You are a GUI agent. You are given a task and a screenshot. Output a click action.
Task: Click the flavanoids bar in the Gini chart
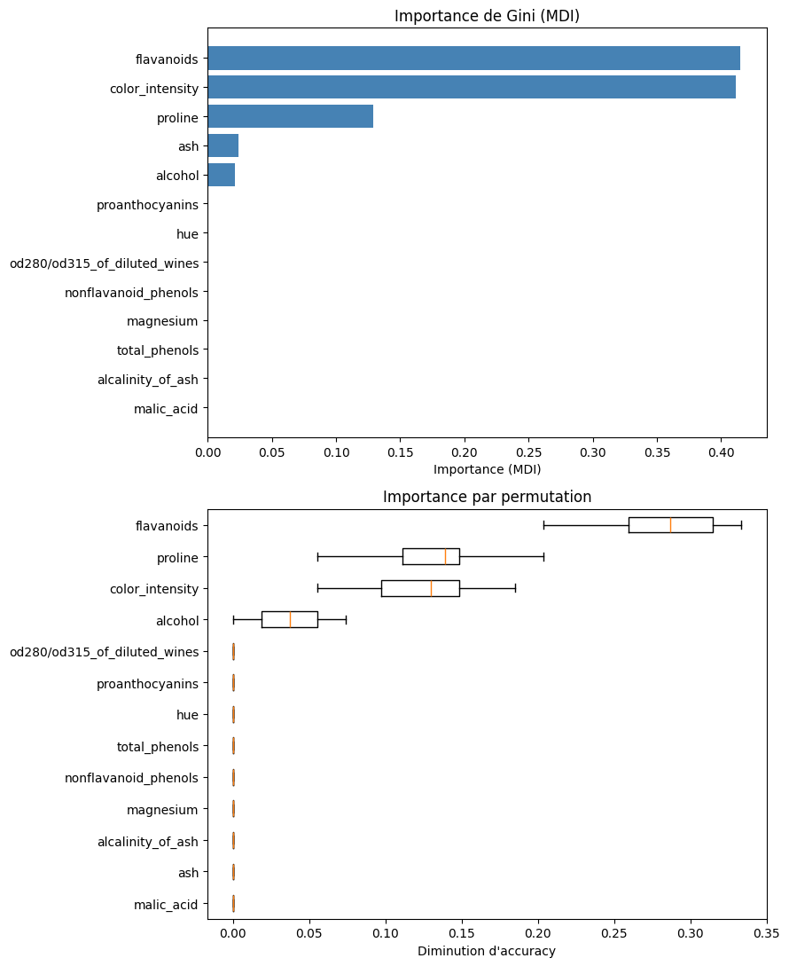(473, 58)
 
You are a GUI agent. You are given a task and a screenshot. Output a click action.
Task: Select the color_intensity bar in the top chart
(471, 87)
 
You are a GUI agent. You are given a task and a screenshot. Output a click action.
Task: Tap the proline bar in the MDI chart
(290, 116)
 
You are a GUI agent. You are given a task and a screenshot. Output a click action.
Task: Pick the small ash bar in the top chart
(223, 145)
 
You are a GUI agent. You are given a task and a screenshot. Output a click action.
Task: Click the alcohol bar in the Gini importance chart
(221, 175)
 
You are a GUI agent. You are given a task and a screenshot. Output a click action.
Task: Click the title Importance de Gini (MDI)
(487, 16)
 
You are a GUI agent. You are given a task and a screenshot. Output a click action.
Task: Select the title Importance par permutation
(487, 497)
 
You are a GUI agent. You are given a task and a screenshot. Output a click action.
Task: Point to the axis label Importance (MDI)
(487, 468)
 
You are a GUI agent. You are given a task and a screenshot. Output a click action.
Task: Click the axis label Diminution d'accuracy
(487, 951)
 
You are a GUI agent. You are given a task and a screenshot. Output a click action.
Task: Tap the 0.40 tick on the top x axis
(721, 452)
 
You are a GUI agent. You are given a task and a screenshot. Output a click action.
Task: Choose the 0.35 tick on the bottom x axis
(766, 934)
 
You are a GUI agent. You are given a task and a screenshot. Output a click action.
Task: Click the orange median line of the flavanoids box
(670, 525)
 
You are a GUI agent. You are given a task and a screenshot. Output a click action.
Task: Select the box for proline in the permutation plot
(430, 556)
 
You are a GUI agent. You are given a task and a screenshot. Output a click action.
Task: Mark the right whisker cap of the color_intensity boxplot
(515, 588)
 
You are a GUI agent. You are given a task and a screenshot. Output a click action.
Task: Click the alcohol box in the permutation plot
(289, 619)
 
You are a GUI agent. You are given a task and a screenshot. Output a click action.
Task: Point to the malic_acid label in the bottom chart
(166, 904)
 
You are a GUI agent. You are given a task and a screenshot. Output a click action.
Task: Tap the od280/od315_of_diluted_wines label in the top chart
(104, 263)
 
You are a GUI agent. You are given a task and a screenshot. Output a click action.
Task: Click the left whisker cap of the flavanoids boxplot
(543, 525)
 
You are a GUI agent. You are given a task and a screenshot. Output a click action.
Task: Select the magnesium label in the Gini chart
(162, 321)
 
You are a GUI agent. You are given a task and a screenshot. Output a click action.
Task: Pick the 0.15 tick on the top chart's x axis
(400, 452)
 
